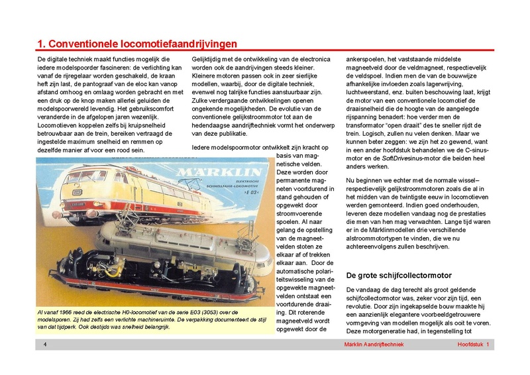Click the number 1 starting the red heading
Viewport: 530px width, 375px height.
(x=40, y=44)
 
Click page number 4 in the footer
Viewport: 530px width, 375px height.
(x=44, y=345)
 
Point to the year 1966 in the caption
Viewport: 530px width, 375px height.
(x=70, y=311)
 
